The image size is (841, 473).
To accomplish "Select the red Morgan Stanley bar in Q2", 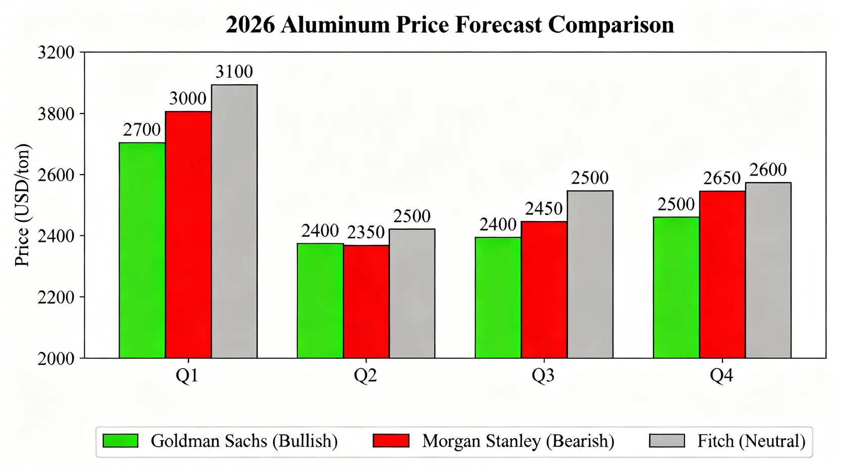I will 366,301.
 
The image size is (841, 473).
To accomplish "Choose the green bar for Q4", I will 676,287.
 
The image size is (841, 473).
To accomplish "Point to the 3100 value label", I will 234,72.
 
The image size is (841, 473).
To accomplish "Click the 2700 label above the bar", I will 142,130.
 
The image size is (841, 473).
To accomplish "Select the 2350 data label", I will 366,233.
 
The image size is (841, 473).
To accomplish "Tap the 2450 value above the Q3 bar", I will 544,209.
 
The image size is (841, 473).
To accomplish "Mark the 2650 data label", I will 722,178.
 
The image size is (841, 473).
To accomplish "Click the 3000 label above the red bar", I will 188,99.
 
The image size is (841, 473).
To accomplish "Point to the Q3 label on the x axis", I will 543,376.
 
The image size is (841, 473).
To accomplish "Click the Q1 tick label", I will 187,376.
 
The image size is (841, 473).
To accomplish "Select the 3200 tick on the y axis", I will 56,52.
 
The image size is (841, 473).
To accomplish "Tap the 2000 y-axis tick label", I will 56,359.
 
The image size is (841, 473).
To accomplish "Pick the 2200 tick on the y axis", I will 56,297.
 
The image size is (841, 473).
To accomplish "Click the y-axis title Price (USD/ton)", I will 23,205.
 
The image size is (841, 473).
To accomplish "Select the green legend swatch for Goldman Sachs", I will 120,441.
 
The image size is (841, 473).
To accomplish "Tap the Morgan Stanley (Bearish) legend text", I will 518,441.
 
